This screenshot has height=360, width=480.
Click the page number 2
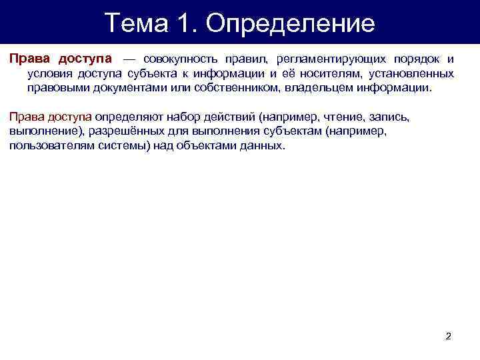coord(448,336)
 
